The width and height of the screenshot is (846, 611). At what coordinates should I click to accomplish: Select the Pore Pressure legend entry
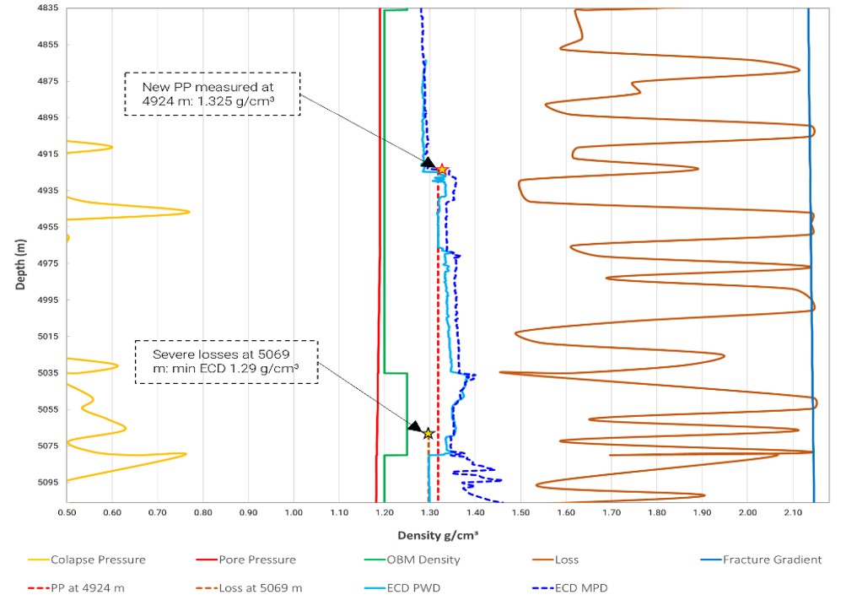pos(244,560)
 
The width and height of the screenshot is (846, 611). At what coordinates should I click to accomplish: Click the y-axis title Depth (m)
pos(21,263)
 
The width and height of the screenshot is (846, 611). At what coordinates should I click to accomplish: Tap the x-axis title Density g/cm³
pos(439,535)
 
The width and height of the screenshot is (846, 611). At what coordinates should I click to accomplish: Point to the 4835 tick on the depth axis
pos(46,8)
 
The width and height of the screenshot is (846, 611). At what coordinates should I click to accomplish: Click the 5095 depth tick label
pos(46,482)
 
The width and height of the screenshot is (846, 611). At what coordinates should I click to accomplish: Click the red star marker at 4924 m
pos(442,170)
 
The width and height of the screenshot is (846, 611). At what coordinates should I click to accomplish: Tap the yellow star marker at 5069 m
pos(428,433)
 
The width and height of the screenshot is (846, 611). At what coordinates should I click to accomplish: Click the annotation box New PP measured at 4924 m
pos(213,93)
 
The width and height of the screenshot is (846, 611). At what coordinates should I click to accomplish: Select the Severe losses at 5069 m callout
pos(226,362)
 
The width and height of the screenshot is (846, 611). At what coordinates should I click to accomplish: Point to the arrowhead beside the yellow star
pos(415,427)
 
